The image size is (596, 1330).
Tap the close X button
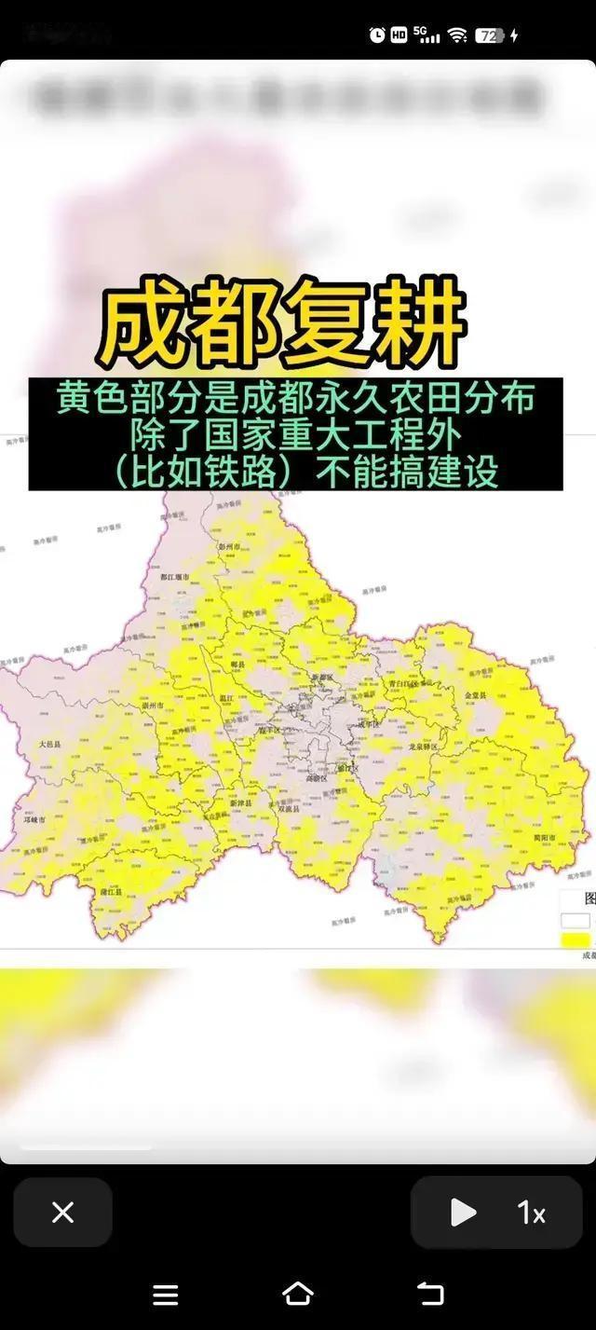tap(62, 1213)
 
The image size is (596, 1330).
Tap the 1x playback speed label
tap(531, 1213)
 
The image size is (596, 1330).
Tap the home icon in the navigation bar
tap(297, 1294)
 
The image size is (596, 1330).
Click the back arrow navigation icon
tap(430, 1294)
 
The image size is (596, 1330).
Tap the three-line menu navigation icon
tap(165, 1294)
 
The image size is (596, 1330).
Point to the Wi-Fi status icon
tap(456, 35)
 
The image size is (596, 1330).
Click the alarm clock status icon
tap(377, 35)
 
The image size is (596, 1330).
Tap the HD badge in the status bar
tap(399, 35)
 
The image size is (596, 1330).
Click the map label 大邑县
tap(49, 745)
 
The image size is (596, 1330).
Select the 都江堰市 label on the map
tap(174, 578)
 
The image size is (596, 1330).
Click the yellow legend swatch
tap(576, 939)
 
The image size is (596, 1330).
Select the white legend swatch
tap(576, 921)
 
